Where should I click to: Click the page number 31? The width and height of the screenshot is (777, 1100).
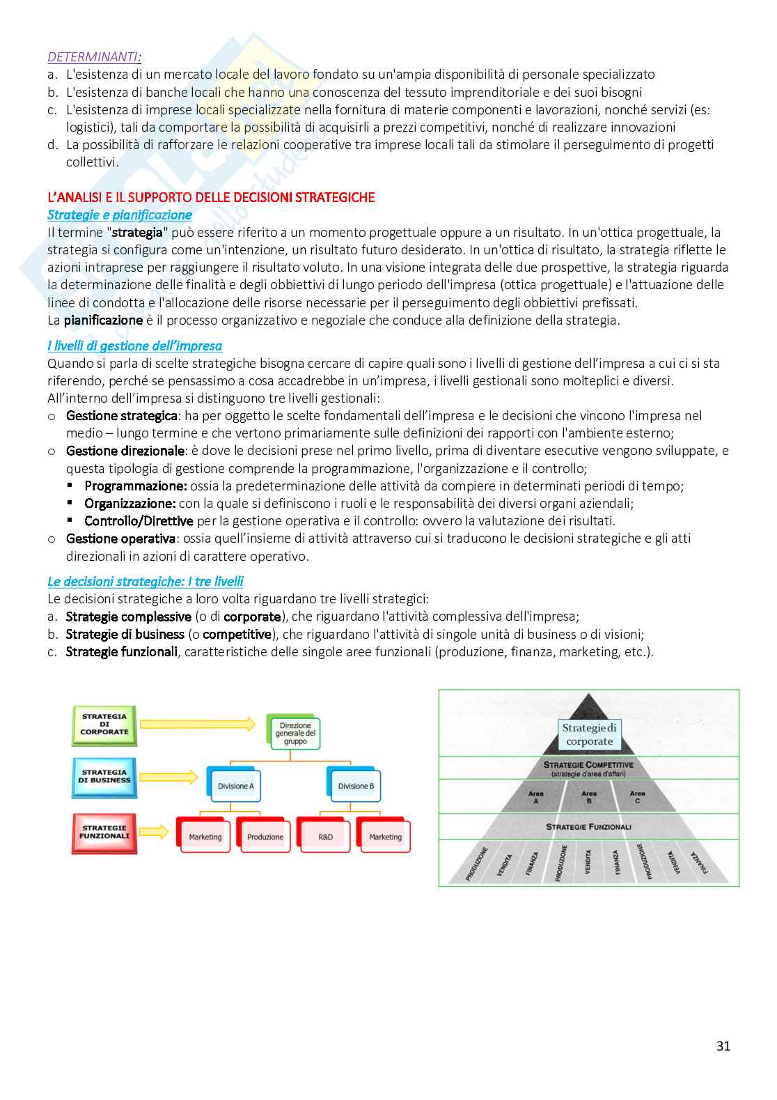(x=723, y=1046)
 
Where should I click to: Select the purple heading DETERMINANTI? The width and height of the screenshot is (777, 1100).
(x=94, y=57)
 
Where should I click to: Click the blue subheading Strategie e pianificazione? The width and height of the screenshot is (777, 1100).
(x=119, y=215)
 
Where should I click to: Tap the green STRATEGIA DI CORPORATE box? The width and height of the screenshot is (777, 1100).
(x=104, y=725)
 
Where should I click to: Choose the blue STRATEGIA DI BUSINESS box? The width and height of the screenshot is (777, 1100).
(x=104, y=777)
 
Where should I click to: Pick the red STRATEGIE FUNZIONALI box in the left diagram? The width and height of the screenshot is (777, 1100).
(x=104, y=832)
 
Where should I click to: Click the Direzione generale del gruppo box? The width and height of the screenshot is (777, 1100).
(x=295, y=734)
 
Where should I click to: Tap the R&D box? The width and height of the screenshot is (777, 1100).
(x=325, y=837)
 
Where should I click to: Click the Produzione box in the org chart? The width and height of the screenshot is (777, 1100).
(x=265, y=837)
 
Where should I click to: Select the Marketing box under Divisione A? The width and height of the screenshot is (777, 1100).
(x=205, y=837)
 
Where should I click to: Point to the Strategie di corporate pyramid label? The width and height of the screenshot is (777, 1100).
(x=589, y=734)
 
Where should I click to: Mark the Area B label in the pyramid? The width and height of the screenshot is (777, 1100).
(x=589, y=798)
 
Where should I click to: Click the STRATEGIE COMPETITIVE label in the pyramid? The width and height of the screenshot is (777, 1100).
(x=588, y=765)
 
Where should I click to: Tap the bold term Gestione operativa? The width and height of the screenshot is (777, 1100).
(x=120, y=539)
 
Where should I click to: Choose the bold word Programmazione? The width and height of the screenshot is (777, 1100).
(x=136, y=486)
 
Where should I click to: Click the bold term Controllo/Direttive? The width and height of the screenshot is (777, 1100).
(x=139, y=521)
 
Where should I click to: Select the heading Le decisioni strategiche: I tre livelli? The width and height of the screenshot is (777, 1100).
(x=145, y=581)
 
